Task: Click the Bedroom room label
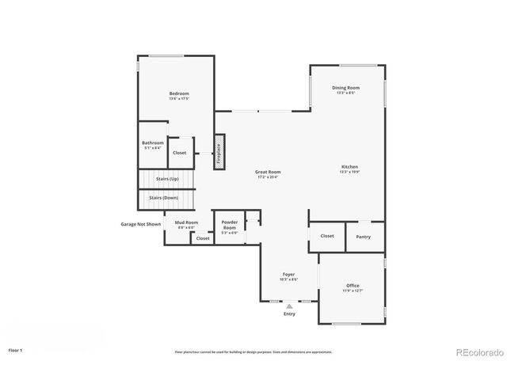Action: tap(179, 93)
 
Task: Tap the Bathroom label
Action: tap(153, 143)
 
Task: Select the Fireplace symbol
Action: tap(219, 150)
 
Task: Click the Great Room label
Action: tap(268, 172)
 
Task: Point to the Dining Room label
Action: tap(345, 88)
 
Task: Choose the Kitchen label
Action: tap(349, 167)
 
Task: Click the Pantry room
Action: tap(364, 236)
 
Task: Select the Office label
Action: tap(353, 285)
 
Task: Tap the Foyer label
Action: tap(289, 275)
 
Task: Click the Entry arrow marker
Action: tap(289, 305)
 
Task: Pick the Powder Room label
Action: tap(230, 224)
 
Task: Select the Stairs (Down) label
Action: tap(164, 197)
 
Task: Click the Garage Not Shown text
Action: tap(140, 224)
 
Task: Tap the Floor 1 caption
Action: tap(16, 349)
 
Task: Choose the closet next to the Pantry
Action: tap(327, 236)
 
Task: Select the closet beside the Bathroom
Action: tap(180, 152)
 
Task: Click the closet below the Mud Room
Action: tap(203, 238)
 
